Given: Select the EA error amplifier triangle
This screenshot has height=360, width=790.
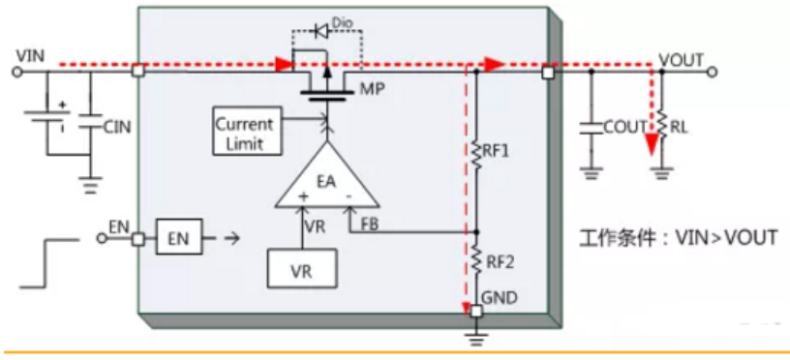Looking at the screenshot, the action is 326,178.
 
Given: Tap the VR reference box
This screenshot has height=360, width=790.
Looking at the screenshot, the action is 302,271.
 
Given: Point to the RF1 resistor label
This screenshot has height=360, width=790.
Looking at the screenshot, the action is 497,151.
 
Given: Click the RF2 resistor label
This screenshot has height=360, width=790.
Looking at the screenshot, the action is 501,262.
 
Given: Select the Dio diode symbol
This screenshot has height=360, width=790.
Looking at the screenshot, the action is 320,32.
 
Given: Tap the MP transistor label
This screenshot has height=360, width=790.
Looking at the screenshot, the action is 372,89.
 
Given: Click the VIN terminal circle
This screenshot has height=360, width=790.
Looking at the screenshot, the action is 17,72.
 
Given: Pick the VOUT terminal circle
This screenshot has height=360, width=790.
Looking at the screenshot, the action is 712,73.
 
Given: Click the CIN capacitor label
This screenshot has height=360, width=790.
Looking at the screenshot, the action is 117,128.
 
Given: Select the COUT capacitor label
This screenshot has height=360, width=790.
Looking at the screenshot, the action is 624,127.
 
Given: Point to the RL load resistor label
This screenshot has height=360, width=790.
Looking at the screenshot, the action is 678,128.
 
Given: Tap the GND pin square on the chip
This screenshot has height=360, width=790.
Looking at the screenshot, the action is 475,312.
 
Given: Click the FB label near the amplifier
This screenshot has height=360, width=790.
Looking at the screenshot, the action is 370,225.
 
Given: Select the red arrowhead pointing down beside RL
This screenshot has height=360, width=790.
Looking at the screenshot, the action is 653,145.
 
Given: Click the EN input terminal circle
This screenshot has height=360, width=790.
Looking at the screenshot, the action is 102,238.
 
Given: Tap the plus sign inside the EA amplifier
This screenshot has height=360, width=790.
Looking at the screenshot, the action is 303,196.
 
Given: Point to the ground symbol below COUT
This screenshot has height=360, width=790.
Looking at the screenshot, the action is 592,173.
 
